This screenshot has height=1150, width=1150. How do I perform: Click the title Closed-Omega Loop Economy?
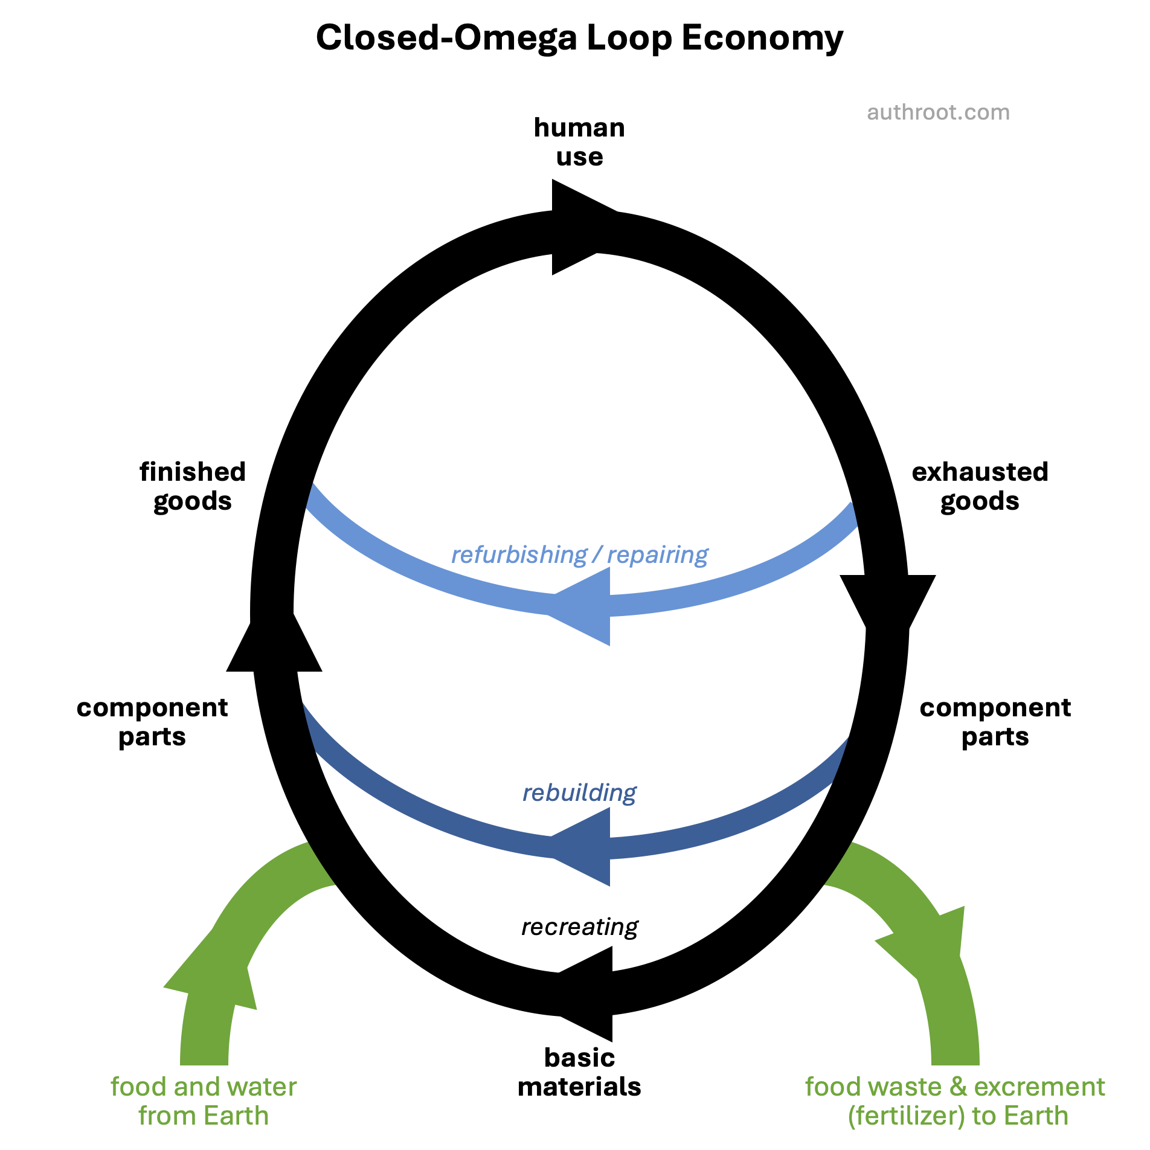[x=579, y=37]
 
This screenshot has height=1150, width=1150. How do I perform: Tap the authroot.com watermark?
[x=938, y=112]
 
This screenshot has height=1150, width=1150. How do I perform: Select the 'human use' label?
[x=579, y=142]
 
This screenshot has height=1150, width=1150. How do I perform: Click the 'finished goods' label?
[x=193, y=486]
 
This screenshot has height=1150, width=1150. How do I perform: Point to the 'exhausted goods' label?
[x=980, y=486]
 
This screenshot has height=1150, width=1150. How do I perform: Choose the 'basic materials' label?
[x=579, y=1072]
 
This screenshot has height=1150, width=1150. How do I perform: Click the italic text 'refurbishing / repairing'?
[x=579, y=554]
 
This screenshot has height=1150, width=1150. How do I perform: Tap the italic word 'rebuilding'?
[x=579, y=792]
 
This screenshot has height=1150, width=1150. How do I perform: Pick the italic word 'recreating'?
[x=579, y=927]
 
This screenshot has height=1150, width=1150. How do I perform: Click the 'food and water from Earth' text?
[x=204, y=1101]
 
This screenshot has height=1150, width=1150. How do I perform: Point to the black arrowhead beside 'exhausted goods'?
[x=888, y=604]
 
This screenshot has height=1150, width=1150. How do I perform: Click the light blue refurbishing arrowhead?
[x=583, y=606]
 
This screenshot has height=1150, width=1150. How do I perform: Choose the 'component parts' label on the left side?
[x=152, y=722]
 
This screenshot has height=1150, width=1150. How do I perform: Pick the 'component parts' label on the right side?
[x=995, y=722]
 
